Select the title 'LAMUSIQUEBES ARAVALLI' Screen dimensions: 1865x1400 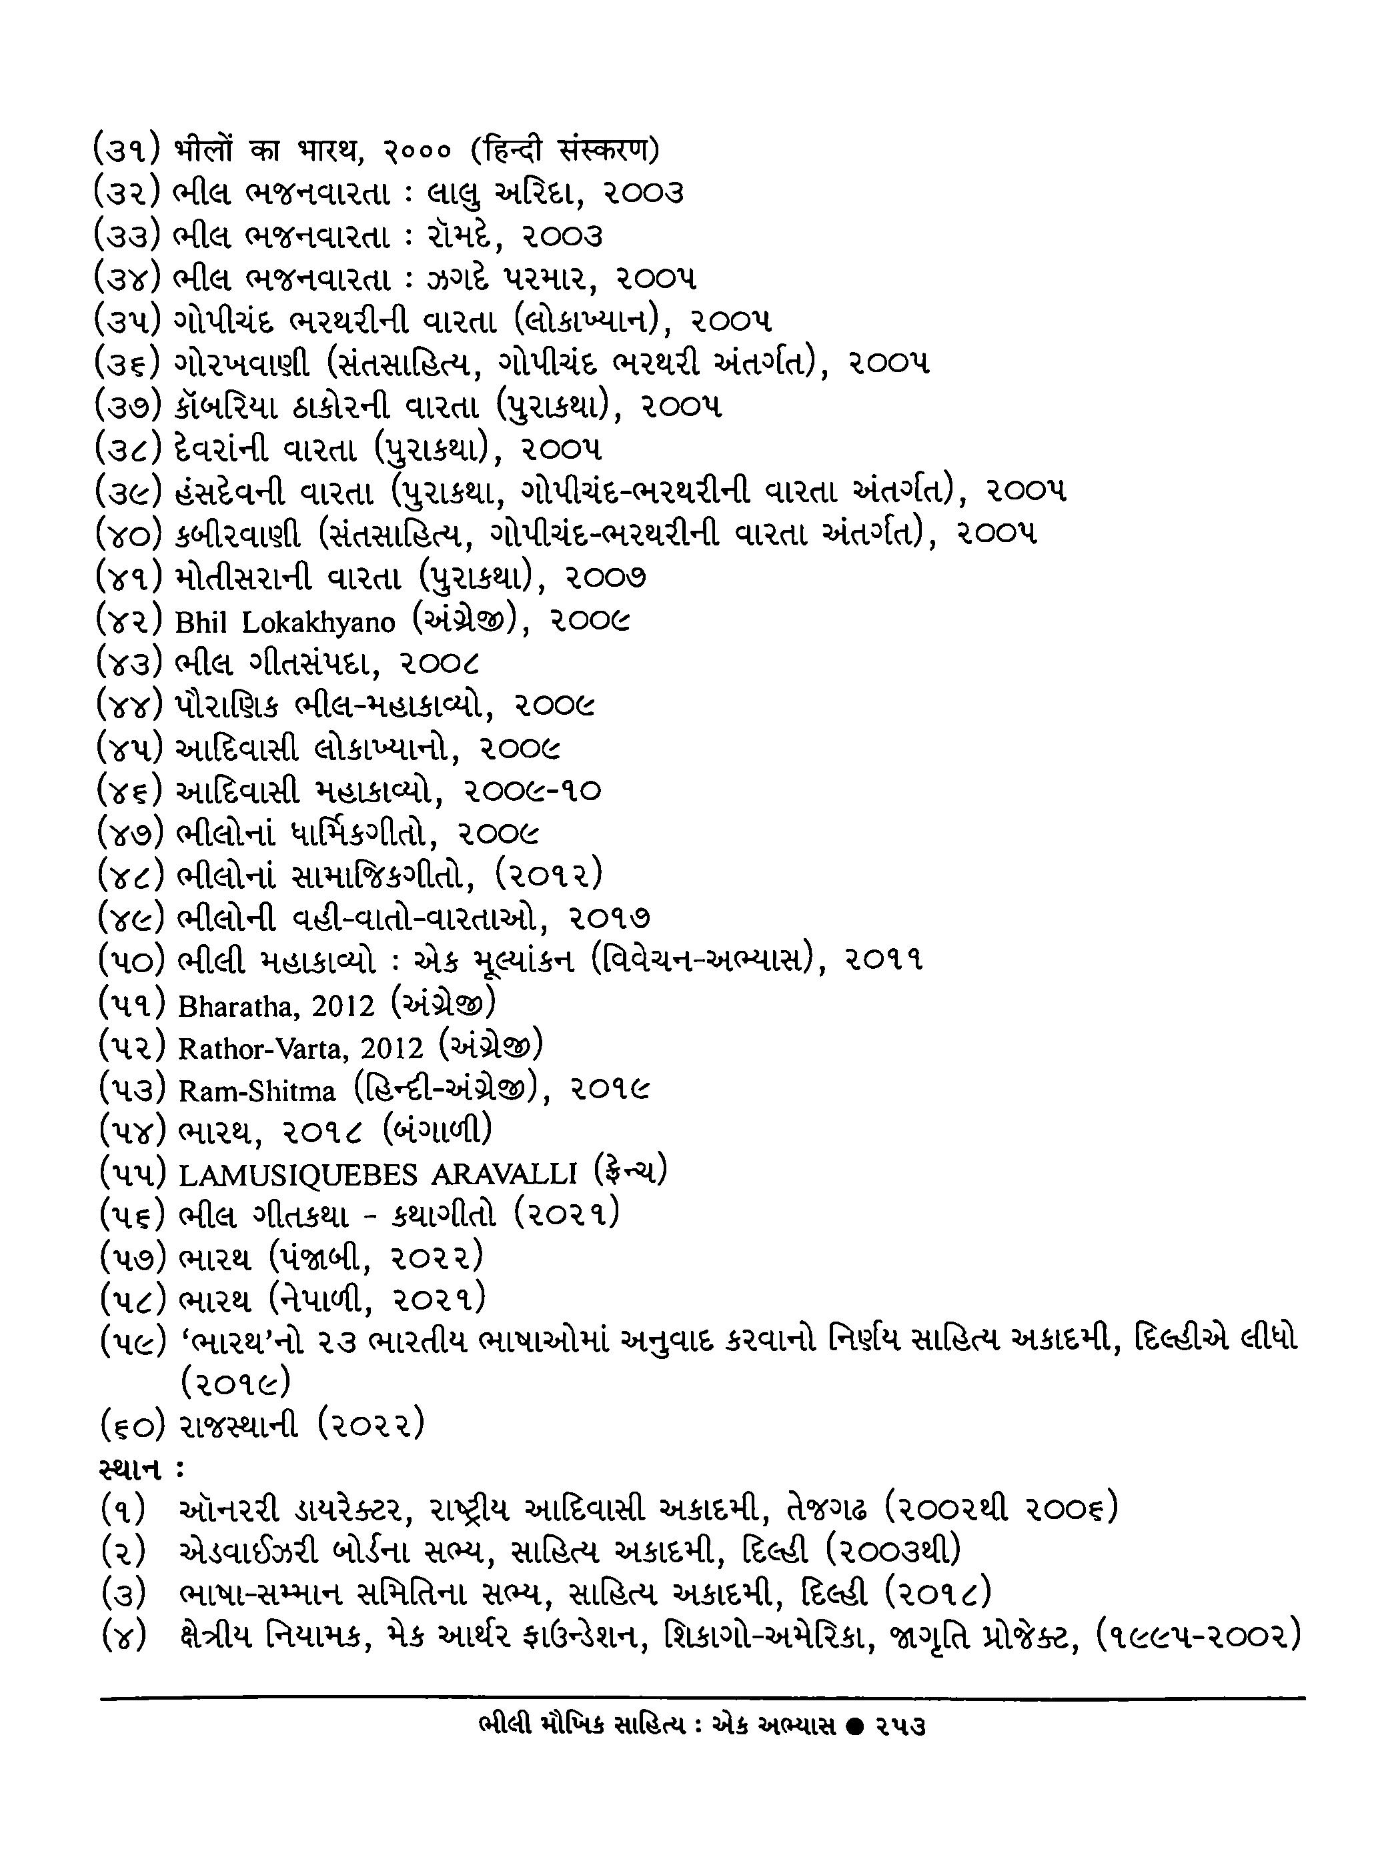pyautogui.click(x=378, y=1174)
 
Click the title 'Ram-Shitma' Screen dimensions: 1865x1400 pyautogui.click(x=256, y=1091)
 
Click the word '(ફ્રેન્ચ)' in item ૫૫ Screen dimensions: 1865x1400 pyautogui.click(x=630, y=1172)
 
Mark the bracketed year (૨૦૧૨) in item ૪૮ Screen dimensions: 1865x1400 pyautogui.click(x=548, y=875)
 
